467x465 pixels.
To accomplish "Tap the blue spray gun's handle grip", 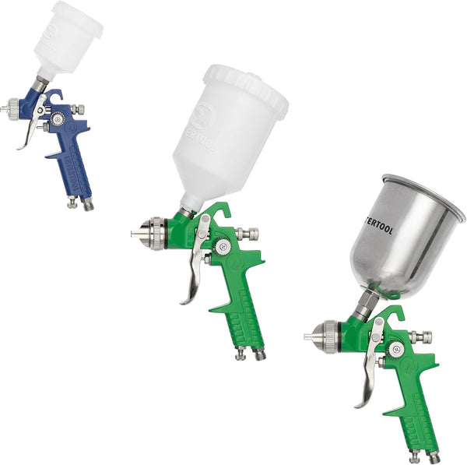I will [x=76, y=168].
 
